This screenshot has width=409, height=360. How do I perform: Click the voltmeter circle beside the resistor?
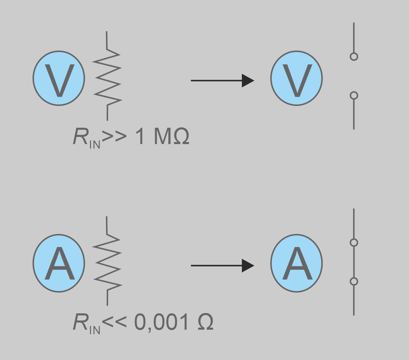(59, 78)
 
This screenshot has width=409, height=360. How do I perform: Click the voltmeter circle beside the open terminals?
(296, 78)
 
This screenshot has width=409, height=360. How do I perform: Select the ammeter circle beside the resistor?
(59, 263)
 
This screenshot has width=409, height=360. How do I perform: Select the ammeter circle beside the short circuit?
(296, 263)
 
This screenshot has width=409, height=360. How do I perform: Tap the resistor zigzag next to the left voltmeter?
(107, 77)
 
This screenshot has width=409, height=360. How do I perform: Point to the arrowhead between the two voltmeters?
(248, 81)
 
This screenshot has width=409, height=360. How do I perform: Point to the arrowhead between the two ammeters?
(248, 266)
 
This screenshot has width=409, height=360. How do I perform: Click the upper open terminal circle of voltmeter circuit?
(354, 57)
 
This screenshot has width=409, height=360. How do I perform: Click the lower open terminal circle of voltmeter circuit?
(354, 95)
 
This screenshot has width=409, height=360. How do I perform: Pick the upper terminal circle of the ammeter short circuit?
(354, 242)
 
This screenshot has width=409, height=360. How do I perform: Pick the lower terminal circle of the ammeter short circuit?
(354, 281)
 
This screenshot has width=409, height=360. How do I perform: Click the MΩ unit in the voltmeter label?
(171, 137)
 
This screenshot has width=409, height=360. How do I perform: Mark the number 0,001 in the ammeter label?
(162, 322)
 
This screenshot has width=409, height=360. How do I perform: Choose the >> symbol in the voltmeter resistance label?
(114, 137)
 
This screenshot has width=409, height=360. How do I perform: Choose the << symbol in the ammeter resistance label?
(114, 322)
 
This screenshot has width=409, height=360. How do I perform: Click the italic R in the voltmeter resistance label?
(80, 137)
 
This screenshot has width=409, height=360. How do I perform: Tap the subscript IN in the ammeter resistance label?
(95, 330)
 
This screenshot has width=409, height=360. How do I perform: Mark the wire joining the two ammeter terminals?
(354, 262)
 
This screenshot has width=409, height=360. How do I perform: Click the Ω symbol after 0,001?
(206, 322)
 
